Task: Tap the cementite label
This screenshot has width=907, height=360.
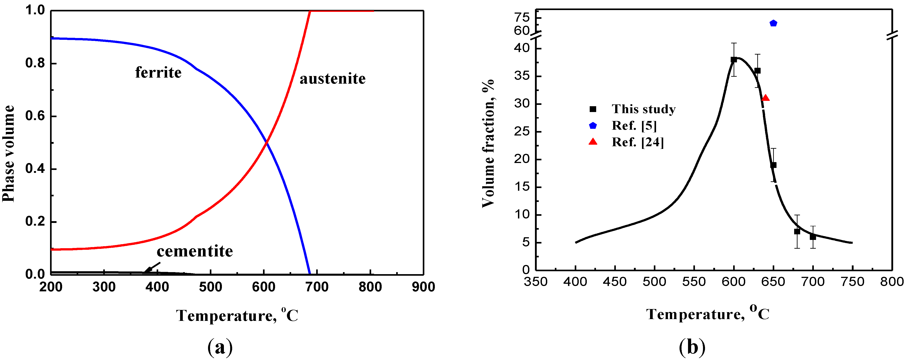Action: click(195, 251)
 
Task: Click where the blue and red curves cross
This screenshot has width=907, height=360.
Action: click(267, 142)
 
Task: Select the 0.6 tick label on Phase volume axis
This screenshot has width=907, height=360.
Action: click(35, 116)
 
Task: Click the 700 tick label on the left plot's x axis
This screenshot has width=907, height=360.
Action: click(317, 287)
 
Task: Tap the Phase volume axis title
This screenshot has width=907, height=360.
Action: click(8, 154)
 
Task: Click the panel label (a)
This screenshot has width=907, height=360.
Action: click(220, 347)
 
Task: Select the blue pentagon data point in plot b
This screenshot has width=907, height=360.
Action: click(773, 23)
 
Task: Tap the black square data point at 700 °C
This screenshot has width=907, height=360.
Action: click(813, 237)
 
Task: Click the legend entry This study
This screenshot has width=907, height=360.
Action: click(643, 109)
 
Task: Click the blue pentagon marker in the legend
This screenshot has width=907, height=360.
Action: click(593, 125)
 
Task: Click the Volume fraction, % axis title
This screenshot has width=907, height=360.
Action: click(488, 143)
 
